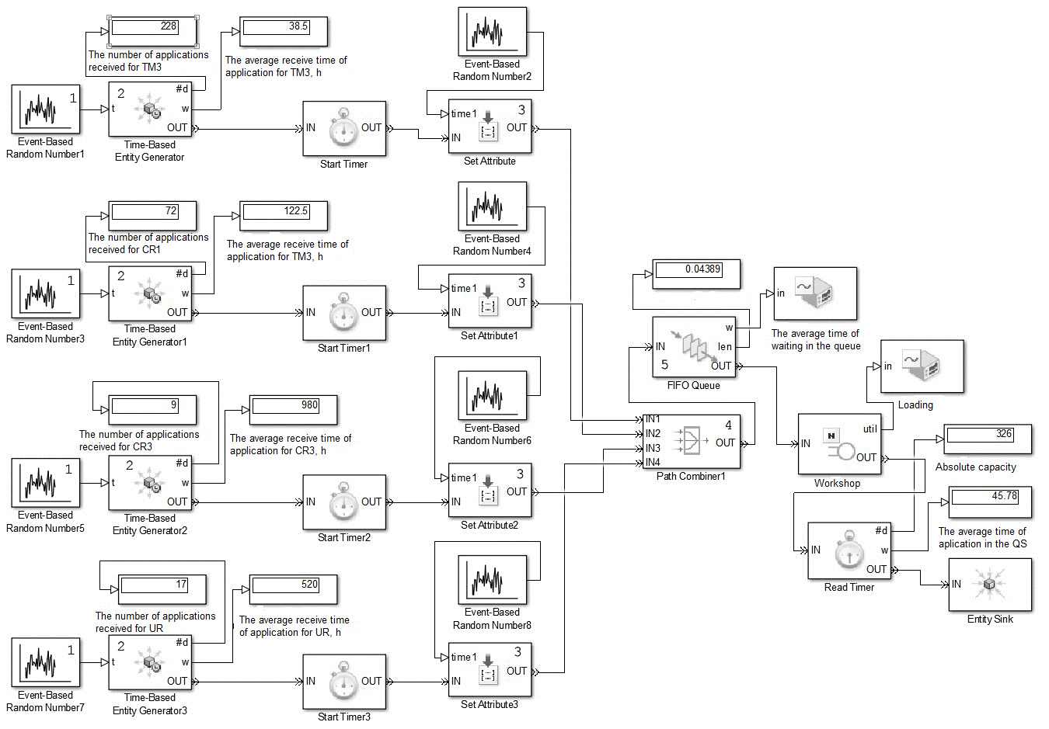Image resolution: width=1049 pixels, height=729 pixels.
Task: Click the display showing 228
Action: coord(152,31)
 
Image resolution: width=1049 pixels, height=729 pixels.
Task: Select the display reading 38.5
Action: coord(284,31)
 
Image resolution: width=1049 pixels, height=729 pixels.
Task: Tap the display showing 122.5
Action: coord(284,215)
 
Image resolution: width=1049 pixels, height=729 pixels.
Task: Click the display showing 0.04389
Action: coord(696,274)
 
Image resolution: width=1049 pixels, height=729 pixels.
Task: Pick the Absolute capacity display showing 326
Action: coord(988,439)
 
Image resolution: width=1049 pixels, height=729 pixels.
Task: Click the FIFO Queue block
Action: coord(693,347)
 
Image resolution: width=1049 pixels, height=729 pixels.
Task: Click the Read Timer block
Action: coord(849,550)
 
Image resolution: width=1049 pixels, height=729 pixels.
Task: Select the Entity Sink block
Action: coord(990,584)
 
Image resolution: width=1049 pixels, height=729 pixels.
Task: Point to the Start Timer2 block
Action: coord(344,502)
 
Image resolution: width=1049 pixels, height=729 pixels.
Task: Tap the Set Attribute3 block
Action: coord(490,670)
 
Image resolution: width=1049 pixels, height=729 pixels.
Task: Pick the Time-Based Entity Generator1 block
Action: coord(150,293)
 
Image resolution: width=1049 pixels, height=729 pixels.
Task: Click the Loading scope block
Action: coord(922,366)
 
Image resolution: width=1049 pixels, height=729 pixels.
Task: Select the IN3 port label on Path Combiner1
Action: coord(653,448)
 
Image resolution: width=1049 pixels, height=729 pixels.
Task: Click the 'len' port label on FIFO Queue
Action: coord(724,346)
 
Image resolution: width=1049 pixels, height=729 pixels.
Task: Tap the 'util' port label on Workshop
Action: coord(870,429)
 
